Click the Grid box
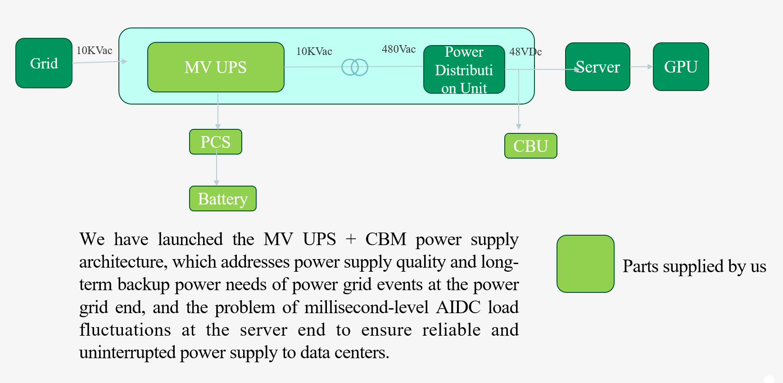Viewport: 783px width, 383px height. coord(44,63)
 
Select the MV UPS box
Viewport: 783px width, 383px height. coord(216,67)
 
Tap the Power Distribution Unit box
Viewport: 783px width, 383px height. coord(464,69)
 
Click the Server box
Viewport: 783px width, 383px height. coord(597,67)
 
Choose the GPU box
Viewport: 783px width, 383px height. coord(681,67)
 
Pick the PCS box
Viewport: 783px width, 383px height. coord(215,142)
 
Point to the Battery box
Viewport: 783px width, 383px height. coord(222,199)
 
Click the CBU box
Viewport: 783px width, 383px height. coord(530,146)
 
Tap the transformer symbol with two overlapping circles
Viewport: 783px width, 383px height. coord(355,67)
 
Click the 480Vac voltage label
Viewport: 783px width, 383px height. coord(398,49)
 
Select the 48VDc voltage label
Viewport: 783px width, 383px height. coord(525,52)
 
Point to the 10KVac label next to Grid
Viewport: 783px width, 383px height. coord(94,50)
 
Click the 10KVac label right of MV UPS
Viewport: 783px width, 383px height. coord(314,51)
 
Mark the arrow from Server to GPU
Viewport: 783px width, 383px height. coord(641,67)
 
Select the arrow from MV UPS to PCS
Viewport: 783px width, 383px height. coord(218,111)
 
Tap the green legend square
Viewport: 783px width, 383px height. coord(585,264)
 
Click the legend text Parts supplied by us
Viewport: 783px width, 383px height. coord(694,266)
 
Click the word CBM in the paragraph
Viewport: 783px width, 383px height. coord(386,239)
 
